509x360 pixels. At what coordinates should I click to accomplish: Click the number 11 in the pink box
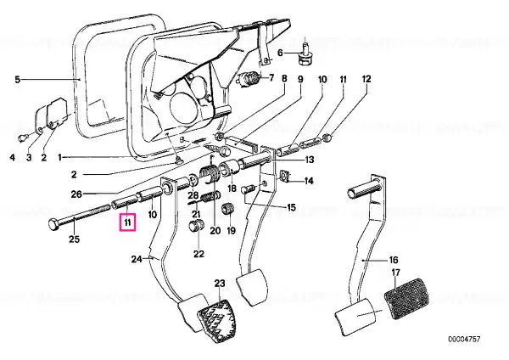127,222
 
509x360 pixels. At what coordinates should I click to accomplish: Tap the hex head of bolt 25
53,224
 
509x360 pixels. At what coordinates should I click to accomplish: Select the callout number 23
220,284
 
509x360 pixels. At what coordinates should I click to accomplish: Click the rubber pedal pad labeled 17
406,298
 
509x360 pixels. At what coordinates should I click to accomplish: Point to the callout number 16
394,260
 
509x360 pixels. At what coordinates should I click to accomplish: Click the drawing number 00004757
464,340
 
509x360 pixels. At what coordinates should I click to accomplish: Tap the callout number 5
18,79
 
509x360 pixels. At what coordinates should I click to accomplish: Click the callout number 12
366,79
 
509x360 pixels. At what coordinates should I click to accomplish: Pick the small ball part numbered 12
327,138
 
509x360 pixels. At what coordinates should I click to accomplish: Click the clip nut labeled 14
285,176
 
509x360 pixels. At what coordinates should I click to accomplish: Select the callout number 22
199,253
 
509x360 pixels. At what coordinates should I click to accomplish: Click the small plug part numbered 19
227,208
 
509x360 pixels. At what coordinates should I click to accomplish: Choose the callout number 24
137,259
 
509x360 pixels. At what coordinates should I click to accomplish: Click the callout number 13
310,160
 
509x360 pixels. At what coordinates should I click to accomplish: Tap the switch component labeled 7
250,79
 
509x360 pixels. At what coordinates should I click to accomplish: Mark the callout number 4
13,158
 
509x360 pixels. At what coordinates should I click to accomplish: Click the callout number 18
232,188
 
